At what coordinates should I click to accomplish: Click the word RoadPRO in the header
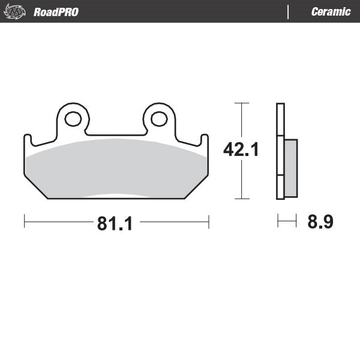(56, 12)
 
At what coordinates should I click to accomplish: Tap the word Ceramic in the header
(331, 12)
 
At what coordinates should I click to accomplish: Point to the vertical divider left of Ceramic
(289, 12)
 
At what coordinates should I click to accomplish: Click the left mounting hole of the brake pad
(73, 119)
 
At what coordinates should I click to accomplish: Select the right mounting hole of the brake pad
(159, 119)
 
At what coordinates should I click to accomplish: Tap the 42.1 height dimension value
(241, 149)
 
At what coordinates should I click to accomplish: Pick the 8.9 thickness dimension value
(320, 222)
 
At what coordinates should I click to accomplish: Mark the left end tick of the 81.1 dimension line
(24, 222)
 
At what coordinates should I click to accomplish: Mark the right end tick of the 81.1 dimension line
(208, 222)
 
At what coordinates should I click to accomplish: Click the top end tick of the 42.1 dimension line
(241, 103)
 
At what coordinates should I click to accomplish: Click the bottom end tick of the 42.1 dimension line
(241, 199)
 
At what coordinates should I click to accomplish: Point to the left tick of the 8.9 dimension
(277, 222)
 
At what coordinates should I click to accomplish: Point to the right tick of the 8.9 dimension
(296, 222)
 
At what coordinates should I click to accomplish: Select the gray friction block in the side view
(290, 168)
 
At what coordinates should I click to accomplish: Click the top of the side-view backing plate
(280, 106)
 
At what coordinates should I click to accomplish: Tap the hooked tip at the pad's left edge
(28, 137)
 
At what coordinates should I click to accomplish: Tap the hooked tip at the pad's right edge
(204, 137)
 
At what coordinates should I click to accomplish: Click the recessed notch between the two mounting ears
(116, 134)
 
